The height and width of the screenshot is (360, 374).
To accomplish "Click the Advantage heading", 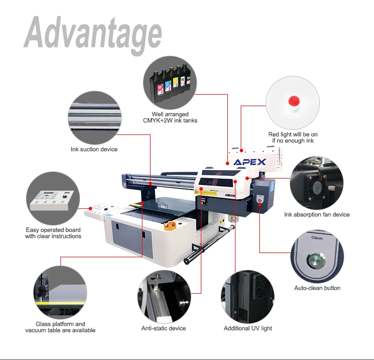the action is pos(93,35).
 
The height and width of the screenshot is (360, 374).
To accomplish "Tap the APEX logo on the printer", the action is pos(249,162).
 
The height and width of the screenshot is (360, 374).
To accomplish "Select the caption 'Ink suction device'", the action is pos(94,149).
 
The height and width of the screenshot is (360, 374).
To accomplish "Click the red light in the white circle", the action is pos(293,101).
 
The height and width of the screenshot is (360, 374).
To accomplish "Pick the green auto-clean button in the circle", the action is pos(316,260).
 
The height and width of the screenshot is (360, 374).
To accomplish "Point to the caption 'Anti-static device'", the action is pos(164,328).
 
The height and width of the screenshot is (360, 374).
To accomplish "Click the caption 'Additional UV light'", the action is pos(248,328).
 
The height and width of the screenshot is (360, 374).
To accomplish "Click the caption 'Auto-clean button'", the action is pos(317,288).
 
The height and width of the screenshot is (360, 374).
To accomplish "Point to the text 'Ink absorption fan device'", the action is pos(317,215).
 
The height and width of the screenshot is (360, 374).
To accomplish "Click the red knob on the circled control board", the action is pos(64,196).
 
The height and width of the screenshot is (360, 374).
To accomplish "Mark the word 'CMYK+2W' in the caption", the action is pos(158,120).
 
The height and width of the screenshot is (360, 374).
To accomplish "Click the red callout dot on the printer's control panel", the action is pos(91,208).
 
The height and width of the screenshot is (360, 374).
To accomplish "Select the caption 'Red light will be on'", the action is pos(293,134).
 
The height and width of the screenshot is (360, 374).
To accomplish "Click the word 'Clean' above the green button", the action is pos(317,238).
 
